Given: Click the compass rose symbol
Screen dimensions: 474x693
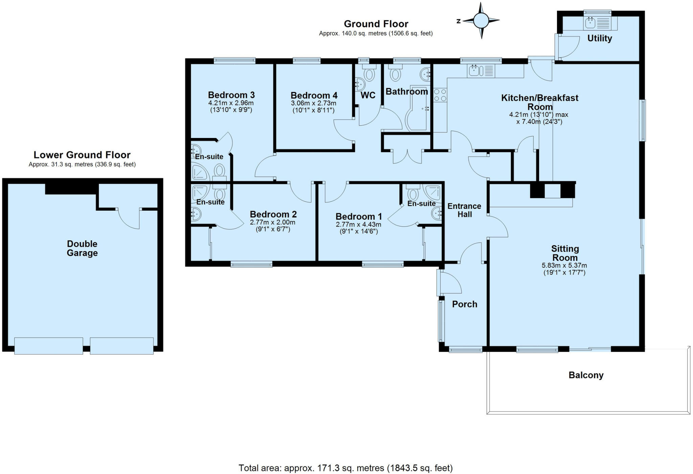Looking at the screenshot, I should [481, 20].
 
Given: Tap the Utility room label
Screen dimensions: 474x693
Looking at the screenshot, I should [599, 38].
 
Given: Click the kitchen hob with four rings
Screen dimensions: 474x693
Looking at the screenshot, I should [440, 95].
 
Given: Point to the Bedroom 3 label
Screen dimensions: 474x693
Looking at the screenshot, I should [231, 95].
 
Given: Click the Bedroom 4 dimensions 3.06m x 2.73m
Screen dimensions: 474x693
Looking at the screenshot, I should [313, 103].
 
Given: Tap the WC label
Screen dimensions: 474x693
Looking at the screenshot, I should [368, 95].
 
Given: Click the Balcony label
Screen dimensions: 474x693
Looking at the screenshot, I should [586, 375].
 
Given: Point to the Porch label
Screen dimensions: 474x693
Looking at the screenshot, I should [465, 304].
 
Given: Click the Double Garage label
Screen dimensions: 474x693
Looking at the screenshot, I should [82, 248].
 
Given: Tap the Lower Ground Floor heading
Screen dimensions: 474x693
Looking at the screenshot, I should [82, 155].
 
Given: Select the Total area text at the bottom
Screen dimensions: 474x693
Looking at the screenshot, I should [345, 468].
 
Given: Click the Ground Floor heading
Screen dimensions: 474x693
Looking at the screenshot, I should [376, 24].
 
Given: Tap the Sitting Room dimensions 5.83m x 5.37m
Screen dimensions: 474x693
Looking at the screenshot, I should [564, 266].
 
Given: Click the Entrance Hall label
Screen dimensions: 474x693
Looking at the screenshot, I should [464, 210].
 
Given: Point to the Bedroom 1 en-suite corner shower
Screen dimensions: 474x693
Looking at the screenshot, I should [432, 192].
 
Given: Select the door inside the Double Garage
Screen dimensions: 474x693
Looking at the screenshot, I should [129, 218].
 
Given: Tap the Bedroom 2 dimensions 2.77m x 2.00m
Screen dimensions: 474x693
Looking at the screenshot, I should [272, 222].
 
